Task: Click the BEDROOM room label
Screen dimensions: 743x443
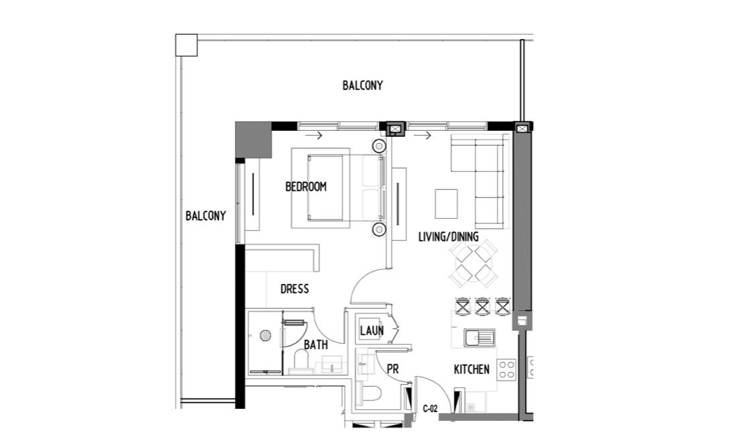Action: point(306,187)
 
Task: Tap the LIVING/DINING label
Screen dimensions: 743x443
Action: point(448,237)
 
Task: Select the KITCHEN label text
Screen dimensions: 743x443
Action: point(471,369)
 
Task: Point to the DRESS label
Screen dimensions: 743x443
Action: point(294,289)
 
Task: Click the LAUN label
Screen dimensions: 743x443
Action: point(371,331)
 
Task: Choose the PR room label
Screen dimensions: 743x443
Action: point(393,369)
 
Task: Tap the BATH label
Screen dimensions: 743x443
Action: point(316,345)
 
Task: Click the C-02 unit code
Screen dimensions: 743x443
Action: point(431,409)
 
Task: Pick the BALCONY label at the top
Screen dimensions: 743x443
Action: point(363,85)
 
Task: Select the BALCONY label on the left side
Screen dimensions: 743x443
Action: point(206,216)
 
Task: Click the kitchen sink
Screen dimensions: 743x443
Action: point(479,338)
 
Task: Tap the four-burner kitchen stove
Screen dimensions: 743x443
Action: point(506,370)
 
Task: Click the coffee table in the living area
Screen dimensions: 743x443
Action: point(447,204)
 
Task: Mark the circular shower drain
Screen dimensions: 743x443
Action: point(266,336)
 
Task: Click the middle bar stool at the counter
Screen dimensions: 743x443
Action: point(482,306)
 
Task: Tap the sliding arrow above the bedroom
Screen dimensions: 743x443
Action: point(314,136)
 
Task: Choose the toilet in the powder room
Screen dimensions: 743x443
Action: point(369,394)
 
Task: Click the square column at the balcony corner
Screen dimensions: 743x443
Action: point(186,45)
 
